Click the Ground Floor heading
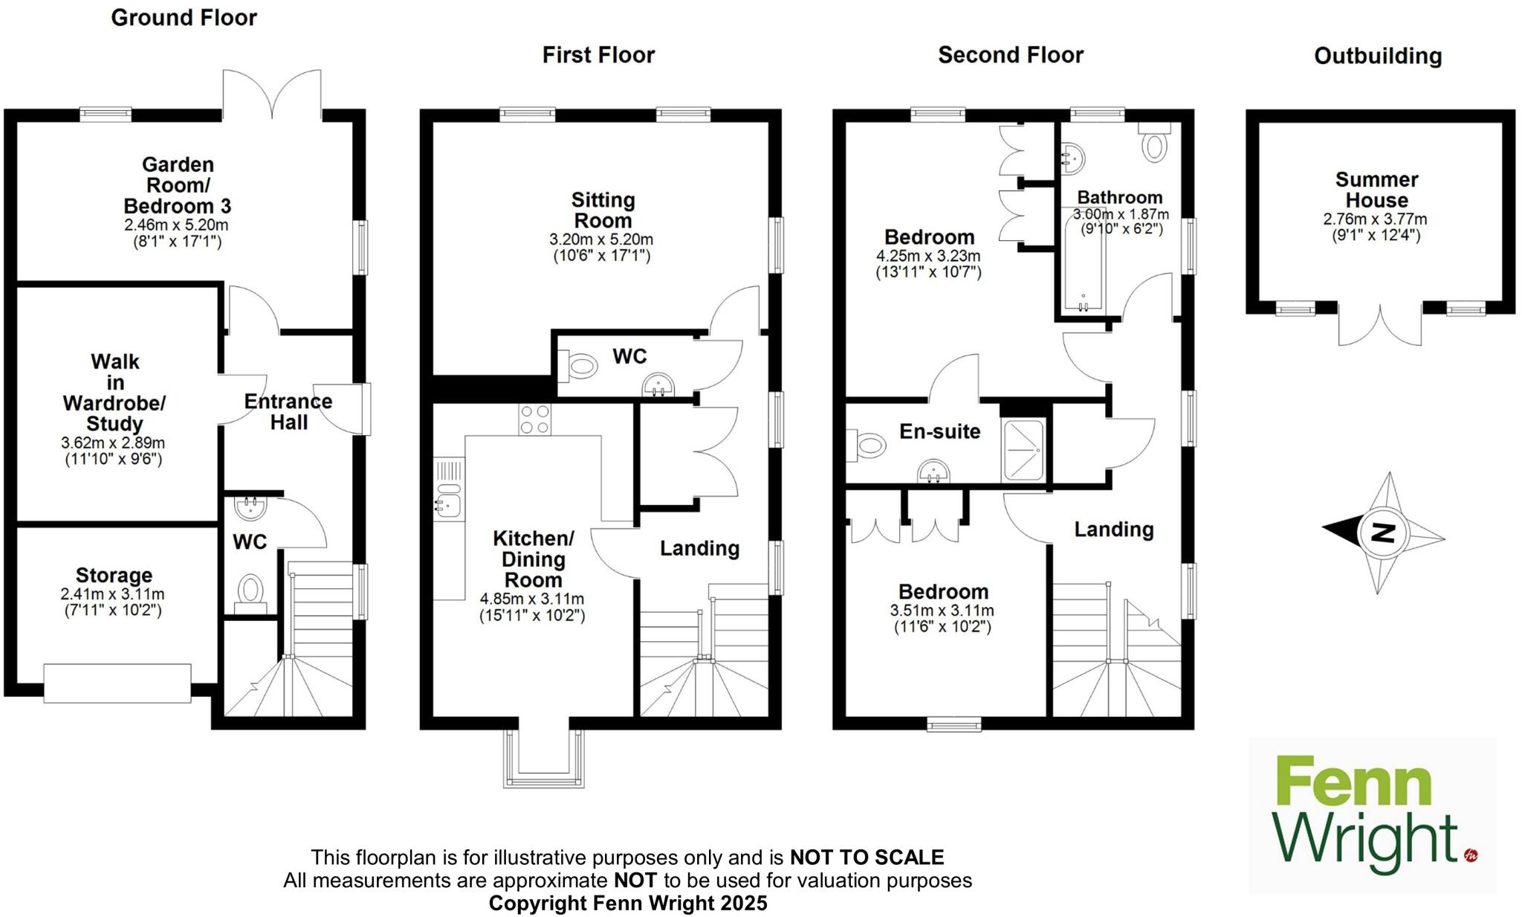pos(184,17)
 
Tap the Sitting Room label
pos(603,210)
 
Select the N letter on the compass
pos(1383,532)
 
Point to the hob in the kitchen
pos(535,419)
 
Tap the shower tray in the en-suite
pos(1023,450)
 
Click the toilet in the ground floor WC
pos(250,591)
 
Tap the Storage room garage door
pos(117,683)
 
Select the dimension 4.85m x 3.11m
pos(531,599)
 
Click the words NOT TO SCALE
pos(867,858)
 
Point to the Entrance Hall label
pos(288,412)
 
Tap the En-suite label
pos(939,431)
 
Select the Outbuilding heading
pos(1377,56)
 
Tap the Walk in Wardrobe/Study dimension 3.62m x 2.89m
pos(113,443)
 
